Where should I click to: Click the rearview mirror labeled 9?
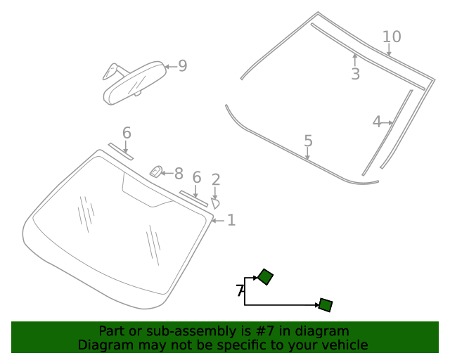tap(134, 83)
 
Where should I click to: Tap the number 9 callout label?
tap(183, 66)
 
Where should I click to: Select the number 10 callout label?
tap(392, 37)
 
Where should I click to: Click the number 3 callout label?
tap(355, 74)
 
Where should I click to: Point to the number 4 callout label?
tap(376, 122)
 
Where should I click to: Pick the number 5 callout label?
tap(308, 141)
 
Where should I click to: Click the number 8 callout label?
tap(179, 174)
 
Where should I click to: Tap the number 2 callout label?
tap(216, 180)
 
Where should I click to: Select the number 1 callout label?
tap(231, 220)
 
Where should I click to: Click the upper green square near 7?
tap(265, 277)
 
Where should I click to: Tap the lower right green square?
tap(325, 304)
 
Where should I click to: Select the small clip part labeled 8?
tap(157, 171)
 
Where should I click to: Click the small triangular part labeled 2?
tap(215, 202)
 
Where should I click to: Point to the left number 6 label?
tap(127, 133)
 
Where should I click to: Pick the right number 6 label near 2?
tap(197, 178)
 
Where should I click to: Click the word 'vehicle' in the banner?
tap(344, 345)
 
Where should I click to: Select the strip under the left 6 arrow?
tap(121, 152)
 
